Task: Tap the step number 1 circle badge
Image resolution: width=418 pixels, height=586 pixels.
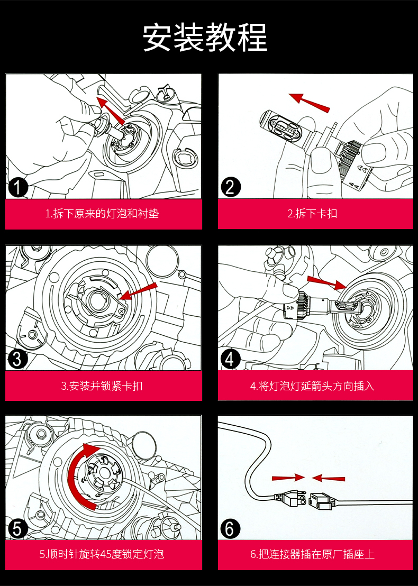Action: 19,188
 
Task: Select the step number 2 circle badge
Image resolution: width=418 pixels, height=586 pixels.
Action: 230,187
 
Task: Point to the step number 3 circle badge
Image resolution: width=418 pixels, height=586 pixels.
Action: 17,360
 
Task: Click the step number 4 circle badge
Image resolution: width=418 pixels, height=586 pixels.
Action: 230,359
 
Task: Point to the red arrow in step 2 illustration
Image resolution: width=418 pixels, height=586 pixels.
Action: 309,100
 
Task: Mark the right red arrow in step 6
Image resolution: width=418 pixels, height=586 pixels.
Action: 329,478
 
